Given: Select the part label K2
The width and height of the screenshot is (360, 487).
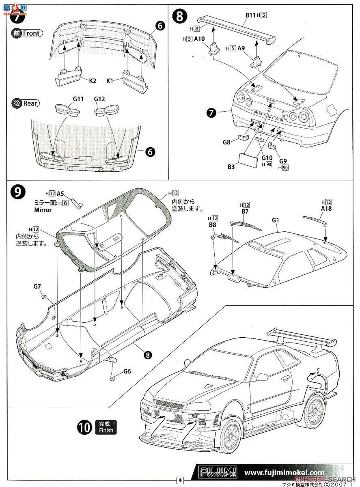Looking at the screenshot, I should pyautogui.click(x=92, y=80).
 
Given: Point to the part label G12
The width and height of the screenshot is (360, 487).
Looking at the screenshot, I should pyautogui.click(x=100, y=99).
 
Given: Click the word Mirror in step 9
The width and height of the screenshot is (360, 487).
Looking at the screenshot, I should pyautogui.click(x=43, y=210).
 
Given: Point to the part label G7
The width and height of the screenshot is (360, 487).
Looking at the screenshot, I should pyautogui.click(x=37, y=287).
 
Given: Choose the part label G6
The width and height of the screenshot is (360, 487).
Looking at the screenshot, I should pyautogui.click(x=127, y=371).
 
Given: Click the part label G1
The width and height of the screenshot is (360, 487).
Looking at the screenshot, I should pyautogui.click(x=276, y=221).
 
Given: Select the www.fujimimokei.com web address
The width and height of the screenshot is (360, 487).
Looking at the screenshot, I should pyautogui.click(x=285, y=472).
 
